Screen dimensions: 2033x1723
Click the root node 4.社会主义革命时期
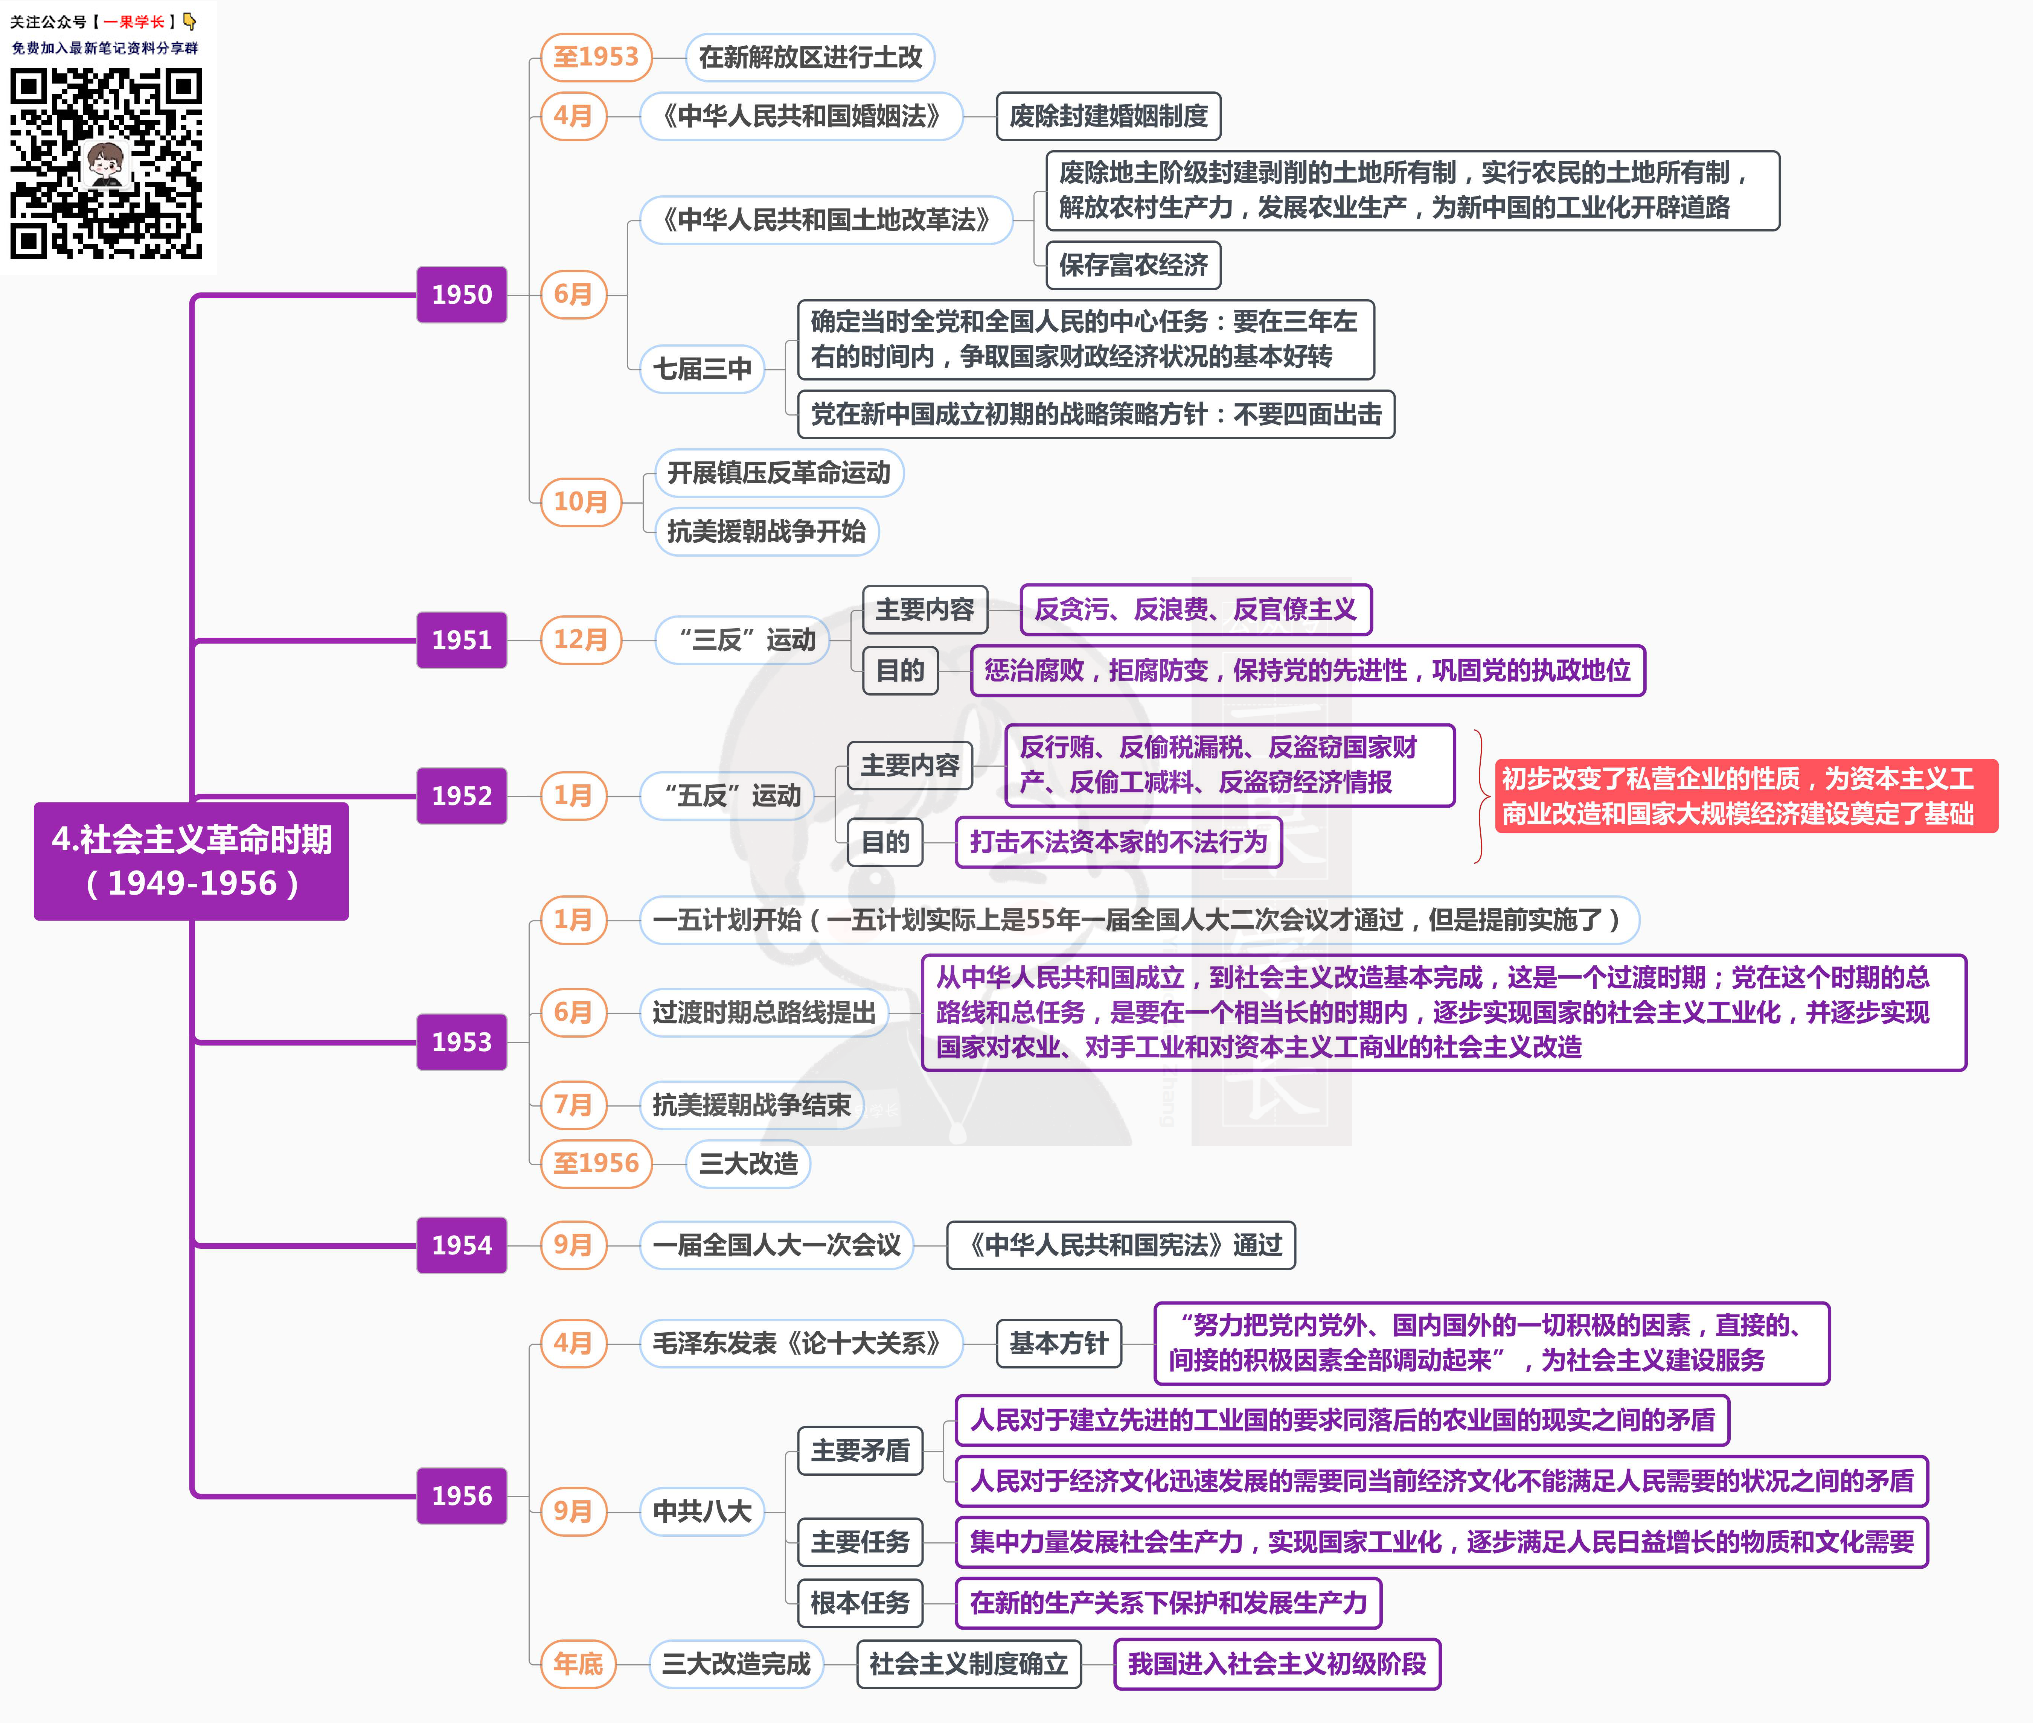coord(192,860)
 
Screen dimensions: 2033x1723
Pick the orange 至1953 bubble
coord(596,57)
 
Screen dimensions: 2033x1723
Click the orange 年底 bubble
coord(578,1664)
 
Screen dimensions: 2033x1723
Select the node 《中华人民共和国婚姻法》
coord(801,116)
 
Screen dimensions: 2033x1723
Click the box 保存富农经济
coord(1133,265)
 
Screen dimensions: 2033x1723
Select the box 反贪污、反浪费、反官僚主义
coord(1196,609)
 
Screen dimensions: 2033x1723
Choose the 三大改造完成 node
coord(737,1664)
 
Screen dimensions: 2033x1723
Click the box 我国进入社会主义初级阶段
coord(1277,1664)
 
